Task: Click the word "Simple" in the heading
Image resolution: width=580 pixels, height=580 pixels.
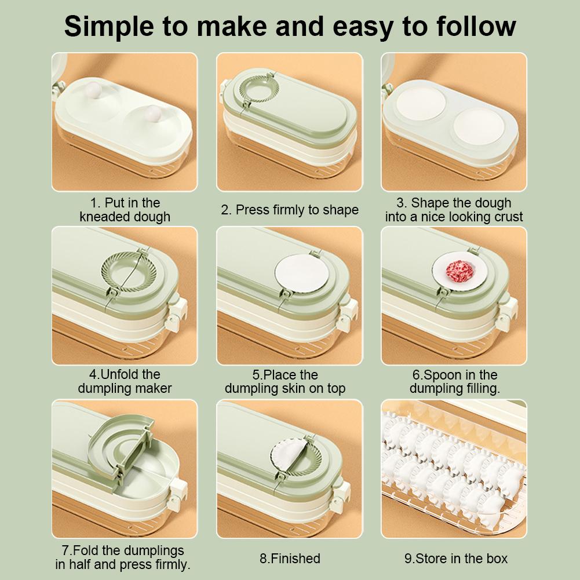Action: [109, 27]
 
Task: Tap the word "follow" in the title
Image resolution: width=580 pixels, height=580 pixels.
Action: [476, 26]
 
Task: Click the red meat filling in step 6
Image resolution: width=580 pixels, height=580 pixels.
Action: [459, 271]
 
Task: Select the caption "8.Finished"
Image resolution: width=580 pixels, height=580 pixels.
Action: [290, 558]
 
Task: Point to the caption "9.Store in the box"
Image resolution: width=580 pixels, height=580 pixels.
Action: [455, 558]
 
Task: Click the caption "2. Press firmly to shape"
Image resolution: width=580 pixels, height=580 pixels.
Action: [290, 210]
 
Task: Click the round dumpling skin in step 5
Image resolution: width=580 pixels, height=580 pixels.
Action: [302, 273]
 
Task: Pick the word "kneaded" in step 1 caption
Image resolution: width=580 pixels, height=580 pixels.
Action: [102, 216]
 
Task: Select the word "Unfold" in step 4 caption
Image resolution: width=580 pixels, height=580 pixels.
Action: [120, 374]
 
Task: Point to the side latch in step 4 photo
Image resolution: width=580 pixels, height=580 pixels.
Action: [177, 313]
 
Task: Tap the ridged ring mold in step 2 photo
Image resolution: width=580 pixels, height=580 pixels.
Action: [258, 89]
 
